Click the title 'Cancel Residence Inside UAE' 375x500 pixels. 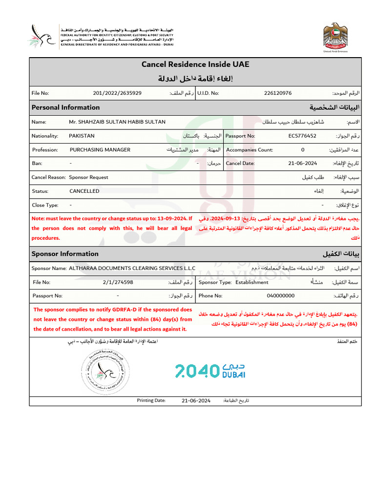195,64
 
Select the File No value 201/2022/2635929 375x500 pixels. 117,93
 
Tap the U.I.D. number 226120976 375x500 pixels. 277,93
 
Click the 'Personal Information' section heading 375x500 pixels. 65,107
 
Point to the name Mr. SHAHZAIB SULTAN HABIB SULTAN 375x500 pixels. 117,122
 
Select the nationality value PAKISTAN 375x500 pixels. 82,136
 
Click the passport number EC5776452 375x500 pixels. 302,136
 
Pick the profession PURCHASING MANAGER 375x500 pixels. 100,150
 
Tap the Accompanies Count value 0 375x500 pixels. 302,150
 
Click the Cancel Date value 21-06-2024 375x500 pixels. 302,164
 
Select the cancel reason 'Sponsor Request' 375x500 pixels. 88,177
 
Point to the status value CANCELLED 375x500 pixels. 84,191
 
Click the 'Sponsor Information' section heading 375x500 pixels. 65,254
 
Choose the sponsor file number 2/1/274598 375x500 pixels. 118,282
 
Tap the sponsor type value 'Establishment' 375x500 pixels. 251,282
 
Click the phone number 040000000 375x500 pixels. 280,296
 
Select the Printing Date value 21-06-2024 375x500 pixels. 196,400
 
